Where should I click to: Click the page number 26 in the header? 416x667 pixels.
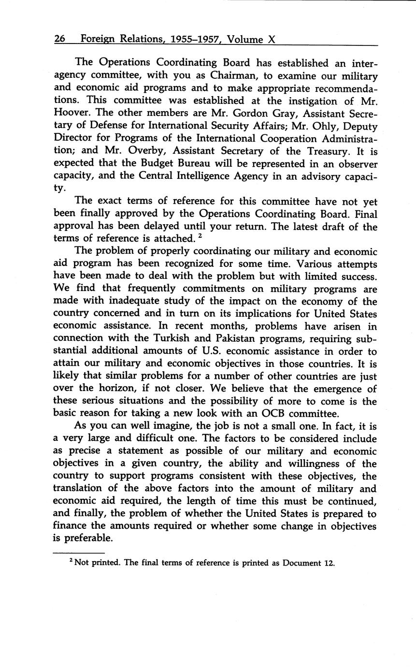click(x=60, y=39)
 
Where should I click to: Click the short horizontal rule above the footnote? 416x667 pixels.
click(x=79, y=553)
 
